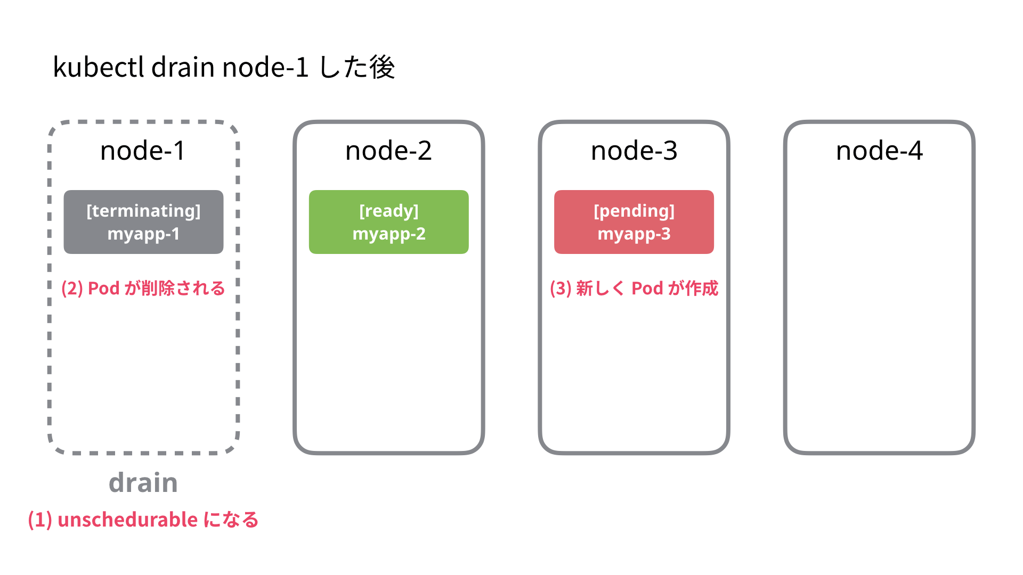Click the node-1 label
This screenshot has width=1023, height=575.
(x=143, y=151)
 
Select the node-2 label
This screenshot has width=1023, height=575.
(x=388, y=151)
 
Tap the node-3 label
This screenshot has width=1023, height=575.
(x=634, y=151)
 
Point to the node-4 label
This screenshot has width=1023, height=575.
(x=879, y=151)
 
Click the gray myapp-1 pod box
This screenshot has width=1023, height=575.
(x=143, y=222)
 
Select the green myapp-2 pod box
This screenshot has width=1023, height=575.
(x=388, y=222)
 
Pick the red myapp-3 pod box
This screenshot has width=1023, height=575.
(x=634, y=222)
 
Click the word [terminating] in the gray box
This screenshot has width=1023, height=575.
(x=143, y=211)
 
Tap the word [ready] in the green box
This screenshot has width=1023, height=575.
(x=388, y=211)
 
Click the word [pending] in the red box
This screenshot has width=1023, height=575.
(x=634, y=211)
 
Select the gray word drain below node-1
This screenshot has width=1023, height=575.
(x=143, y=482)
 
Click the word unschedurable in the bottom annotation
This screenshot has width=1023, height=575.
(x=127, y=520)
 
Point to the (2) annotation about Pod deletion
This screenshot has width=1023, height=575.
(x=143, y=288)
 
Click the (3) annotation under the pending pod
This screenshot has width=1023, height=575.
(x=634, y=288)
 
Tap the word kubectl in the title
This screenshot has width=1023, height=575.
(x=99, y=68)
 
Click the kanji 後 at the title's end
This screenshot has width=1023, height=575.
(x=382, y=68)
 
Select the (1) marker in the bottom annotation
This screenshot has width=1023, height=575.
(x=40, y=520)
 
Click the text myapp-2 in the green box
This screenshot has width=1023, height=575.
(x=389, y=234)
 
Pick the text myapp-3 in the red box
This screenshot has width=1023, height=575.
(x=634, y=234)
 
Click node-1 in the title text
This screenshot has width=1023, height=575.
(x=265, y=68)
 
